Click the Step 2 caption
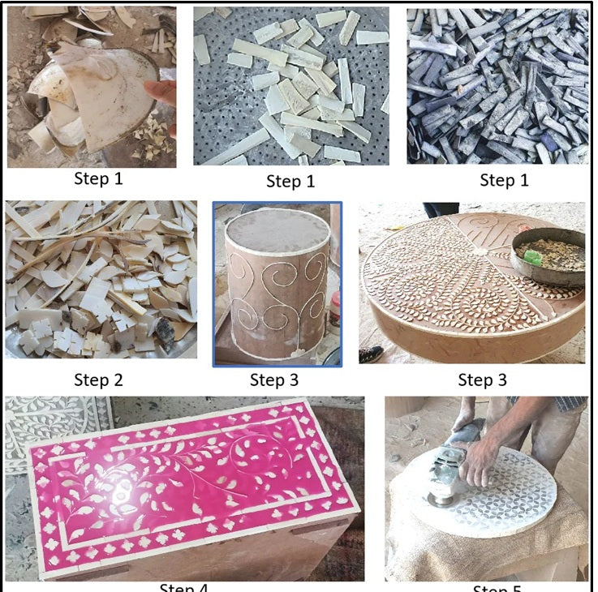pos(98,380)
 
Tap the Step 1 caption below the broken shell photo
pos(98,178)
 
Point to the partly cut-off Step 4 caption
pos(185,586)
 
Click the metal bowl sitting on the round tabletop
pos(550,255)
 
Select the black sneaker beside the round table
pos(372,354)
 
